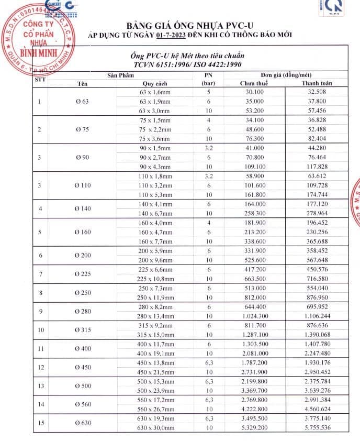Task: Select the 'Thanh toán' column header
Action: point(317,83)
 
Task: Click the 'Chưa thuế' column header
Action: point(254,83)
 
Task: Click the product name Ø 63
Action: point(82,101)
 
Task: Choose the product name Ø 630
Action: point(83,422)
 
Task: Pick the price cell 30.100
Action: point(254,92)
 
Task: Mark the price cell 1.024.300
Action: point(254,316)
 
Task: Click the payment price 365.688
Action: point(317,241)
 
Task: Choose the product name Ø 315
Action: point(83,329)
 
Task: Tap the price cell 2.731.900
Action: point(254,371)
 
